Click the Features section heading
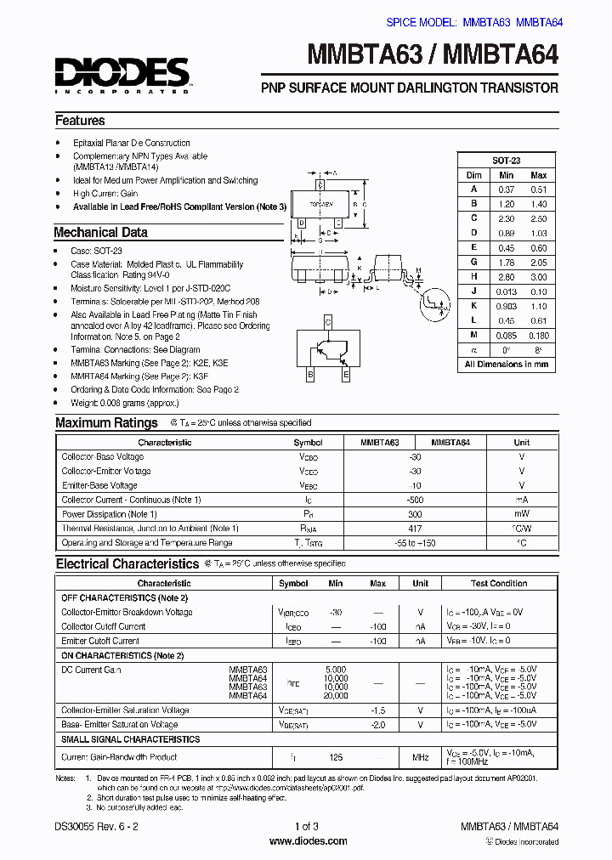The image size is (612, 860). [80, 121]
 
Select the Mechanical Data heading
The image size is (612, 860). [100, 232]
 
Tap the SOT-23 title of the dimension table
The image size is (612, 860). [507, 161]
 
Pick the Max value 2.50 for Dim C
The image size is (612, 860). [538, 218]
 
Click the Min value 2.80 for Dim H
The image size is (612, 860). [506, 277]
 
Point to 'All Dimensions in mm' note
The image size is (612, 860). [507, 364]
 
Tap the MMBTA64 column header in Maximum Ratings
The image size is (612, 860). [450, 443]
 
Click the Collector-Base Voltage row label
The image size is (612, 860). [103, 457]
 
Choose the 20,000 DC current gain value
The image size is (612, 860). [336, 695]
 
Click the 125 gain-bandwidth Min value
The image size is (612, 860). [336, 756]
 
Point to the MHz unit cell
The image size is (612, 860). [420, 756]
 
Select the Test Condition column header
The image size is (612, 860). [498, 584]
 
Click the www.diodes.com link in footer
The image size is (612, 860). [308, 841]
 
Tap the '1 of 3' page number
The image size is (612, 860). [307, 826]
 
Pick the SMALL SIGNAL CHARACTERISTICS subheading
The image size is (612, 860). [131, 739]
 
